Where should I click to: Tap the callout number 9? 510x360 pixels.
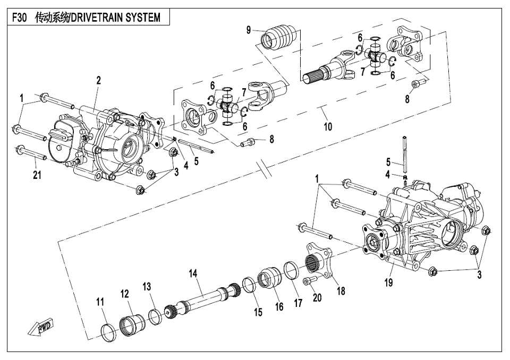pyautogui.click(x=248, y=30)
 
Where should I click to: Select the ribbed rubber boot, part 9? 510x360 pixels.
pyautogui.click(x=280, y=37)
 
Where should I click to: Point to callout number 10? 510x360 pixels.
pyautogui.click(x=328, y=126)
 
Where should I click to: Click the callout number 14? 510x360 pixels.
pyautogui.click(x=193, y=273)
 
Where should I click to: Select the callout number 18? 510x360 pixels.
pyautogui.click(x=341, y=291)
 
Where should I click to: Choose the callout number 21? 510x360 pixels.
pyautogui.click(x=37, y=176)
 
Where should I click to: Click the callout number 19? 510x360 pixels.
pyautogui.click(x=389, y=282)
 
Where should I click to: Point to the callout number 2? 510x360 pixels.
pyautogui.click(x=98, y=80)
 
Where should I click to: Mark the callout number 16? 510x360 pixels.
pyautogui.click(x=279, y=307)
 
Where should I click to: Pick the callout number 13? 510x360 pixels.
pyautogui.click(x=147, y=287)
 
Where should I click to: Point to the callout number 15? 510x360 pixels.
pyautogui.click(x=258, y=313)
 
